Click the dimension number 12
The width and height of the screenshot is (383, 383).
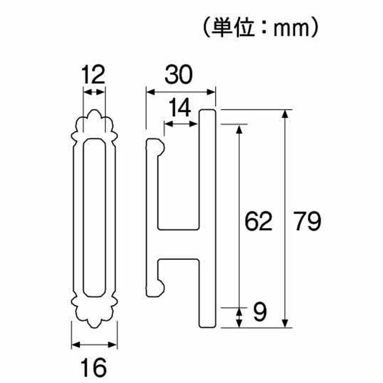tap(93, 75)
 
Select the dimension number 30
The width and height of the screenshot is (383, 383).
tap(178, 75)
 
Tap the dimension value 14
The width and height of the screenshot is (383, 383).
tap(179, 108)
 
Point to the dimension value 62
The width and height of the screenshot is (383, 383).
tap(259, 221)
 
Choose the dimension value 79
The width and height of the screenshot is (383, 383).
tap(307, 221)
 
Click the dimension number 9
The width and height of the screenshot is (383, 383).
tap(259, 312)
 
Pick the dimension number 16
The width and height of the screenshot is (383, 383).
tap(94, 367)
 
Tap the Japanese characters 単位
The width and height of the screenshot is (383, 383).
tap(232, 28)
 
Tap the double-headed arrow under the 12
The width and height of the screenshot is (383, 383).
tap(94, 92)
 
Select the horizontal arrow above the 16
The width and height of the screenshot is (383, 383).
tap(94, 345)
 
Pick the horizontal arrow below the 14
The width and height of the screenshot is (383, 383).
tap(181, 124)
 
